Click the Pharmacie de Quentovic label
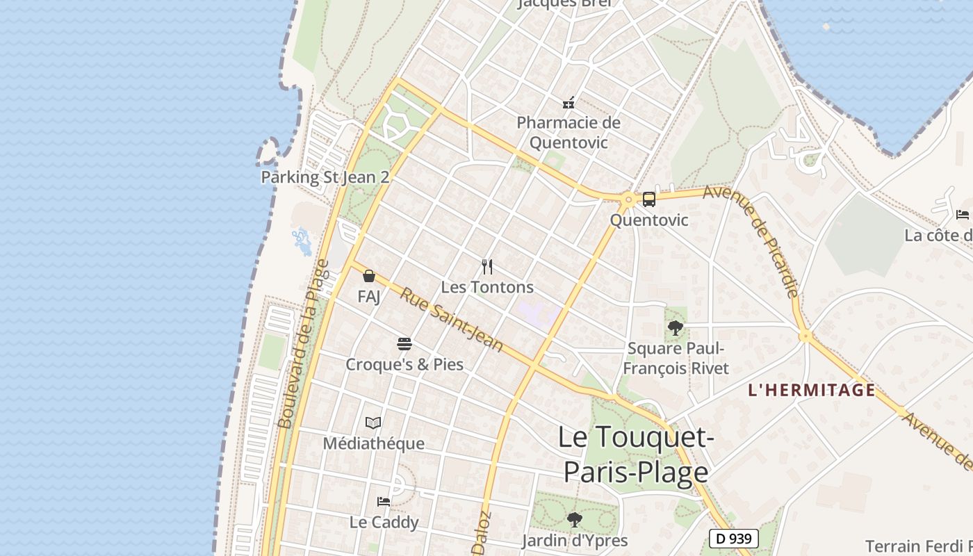point(569,132)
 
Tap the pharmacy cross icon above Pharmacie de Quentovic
point(569,104)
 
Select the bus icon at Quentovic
point(648,199)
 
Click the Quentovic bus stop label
point(649,220)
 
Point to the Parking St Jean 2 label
point(325,177)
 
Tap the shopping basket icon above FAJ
point(369,277)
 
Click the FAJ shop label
point(369,297)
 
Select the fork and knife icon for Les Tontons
point(487,266)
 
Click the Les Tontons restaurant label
point(487,287)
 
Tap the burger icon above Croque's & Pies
point(404,344)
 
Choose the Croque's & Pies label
point(404,364)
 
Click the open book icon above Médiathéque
point(373,423)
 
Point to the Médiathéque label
point(373,443)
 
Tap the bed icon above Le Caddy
point(383,501)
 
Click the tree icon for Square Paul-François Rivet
point(675,328)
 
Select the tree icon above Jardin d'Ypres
point(574,519)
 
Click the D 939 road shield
point(733,538)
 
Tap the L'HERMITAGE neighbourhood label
point(812,390)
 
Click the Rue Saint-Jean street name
point(451,320)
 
